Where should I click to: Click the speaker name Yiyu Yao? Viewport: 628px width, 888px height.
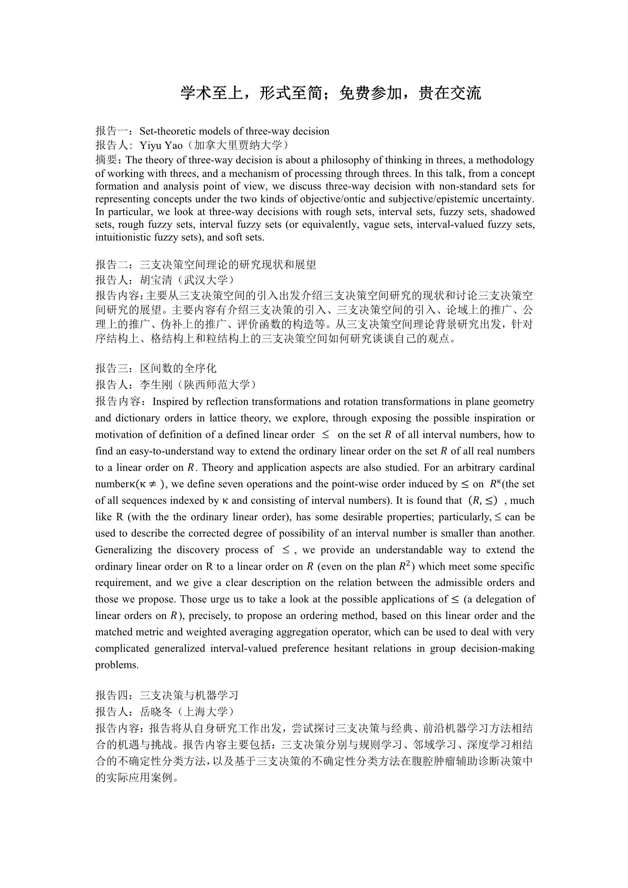click(161, 145)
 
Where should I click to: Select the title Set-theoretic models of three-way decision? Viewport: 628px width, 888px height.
click(234, 131)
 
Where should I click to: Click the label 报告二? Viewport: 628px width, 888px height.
click(111, 265)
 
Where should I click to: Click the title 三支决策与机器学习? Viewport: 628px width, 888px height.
click(189, 695)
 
